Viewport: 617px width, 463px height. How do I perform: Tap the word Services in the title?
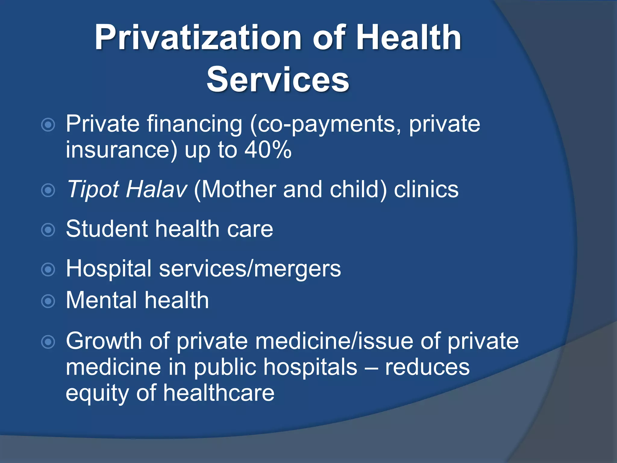[x=278, y=80]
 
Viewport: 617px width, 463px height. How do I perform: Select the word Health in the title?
[x=408, y=38]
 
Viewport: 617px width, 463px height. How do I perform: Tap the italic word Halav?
[x=157, y=189]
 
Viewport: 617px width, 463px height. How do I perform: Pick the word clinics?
[x=426, y=189]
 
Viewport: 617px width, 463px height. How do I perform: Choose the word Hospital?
[x=108, y=268]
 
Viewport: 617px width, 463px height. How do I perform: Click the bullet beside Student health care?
[x=48, y=230]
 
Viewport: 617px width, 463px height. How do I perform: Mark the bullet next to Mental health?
[x=48, y=301]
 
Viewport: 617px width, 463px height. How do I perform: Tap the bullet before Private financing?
[x=48, y=125]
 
